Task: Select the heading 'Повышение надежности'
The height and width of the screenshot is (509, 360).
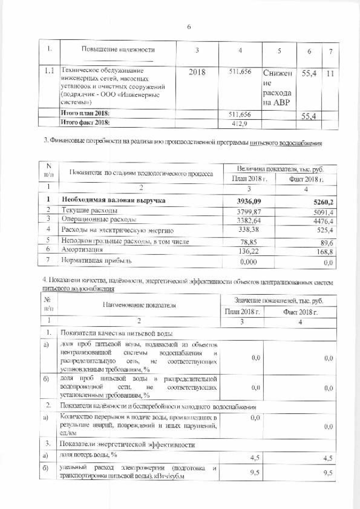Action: (118, 50)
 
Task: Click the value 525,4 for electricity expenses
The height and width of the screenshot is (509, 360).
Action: (326, 231)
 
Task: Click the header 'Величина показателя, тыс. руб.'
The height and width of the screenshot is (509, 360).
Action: (280, 169)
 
